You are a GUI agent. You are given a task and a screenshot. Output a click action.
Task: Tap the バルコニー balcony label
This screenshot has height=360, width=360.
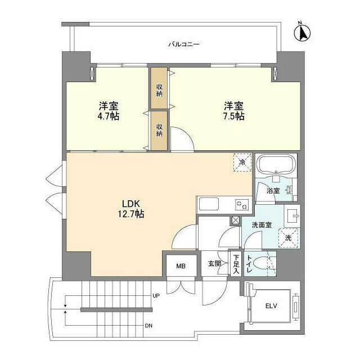(184, 44)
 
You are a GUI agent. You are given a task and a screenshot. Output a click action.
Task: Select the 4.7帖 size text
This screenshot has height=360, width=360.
(108, 116)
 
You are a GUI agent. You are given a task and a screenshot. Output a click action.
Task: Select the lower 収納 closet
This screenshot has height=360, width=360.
(159, 130)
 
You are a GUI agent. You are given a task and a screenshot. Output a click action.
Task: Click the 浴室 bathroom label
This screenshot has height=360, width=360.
(273, 191)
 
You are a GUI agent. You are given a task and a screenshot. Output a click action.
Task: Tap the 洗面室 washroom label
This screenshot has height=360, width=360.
(262, 224)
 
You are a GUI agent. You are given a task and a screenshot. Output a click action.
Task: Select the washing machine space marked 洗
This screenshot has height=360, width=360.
(288, 237)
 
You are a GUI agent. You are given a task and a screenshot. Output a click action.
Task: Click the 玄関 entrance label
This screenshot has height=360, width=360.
(214, 263)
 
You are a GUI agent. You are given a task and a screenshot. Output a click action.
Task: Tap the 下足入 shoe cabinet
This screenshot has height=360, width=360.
(236, 264)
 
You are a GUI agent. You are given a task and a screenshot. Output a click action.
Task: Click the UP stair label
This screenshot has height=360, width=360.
(156, 295)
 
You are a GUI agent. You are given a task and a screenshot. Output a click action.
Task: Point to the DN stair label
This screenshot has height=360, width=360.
(148, 325)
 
